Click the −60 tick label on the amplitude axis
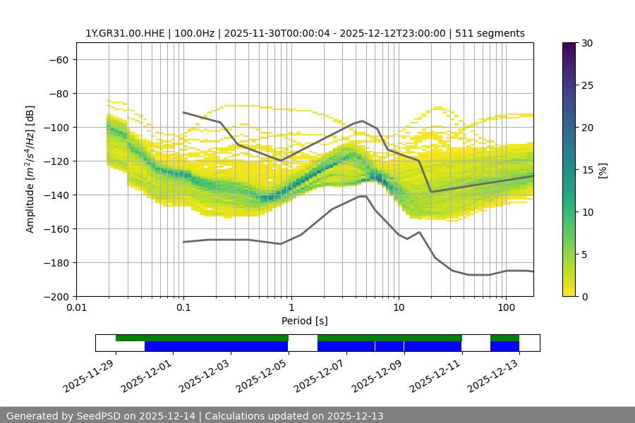click(57, 60)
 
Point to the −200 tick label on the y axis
click(54, 297)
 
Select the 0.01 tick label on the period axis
click(76, 308)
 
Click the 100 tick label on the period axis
click(506, 308)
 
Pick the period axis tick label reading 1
click(291, 308)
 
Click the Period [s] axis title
click(305, 321)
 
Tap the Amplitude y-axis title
click(30, 169)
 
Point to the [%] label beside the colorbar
click(603, 170)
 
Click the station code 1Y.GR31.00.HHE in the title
click(125, 33)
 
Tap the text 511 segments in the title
click(490, 33)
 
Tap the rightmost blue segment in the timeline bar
click(504, 346)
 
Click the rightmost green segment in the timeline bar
click(504, 338)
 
